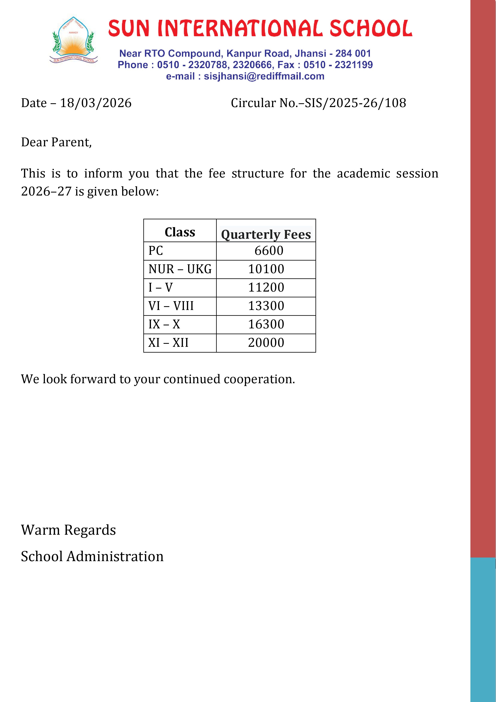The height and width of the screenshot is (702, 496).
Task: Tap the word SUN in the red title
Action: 129,28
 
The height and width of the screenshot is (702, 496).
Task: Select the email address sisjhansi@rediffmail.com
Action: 264,76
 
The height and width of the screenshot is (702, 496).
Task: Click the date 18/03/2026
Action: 96,103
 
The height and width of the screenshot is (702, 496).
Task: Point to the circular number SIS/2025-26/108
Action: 355,103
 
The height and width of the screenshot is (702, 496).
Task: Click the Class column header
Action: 180,232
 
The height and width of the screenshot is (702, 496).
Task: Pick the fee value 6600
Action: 269,251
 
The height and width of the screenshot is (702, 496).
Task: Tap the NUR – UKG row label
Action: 180,269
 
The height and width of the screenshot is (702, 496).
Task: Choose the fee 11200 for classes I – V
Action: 266,287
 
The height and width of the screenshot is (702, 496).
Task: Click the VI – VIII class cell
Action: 171,306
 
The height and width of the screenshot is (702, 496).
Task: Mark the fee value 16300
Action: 266,324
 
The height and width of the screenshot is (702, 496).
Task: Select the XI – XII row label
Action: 168,342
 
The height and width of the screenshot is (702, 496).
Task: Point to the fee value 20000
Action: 266,342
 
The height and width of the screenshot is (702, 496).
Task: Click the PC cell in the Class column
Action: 156,251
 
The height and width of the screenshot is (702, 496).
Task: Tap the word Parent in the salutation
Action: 71,142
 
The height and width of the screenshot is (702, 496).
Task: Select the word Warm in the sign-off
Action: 40,530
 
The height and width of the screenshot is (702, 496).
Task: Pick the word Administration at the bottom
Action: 115,556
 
